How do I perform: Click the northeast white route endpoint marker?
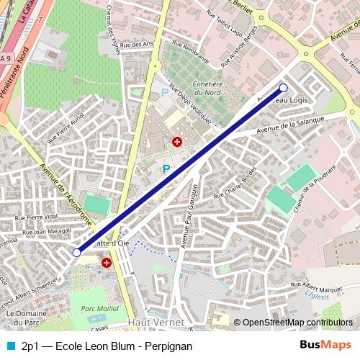(x=283, y=88)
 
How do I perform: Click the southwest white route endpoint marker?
(x=77, y=253)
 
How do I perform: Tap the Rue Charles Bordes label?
(x=240, y=186)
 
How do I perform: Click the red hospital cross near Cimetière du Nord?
(x=176, y=143)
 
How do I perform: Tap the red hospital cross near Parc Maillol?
(x=107, y=263)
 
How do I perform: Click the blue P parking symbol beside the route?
(x=166, y=170)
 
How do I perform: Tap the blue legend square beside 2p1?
(x=10, y=346)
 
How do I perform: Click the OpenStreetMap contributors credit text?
(x=297, y=323)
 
